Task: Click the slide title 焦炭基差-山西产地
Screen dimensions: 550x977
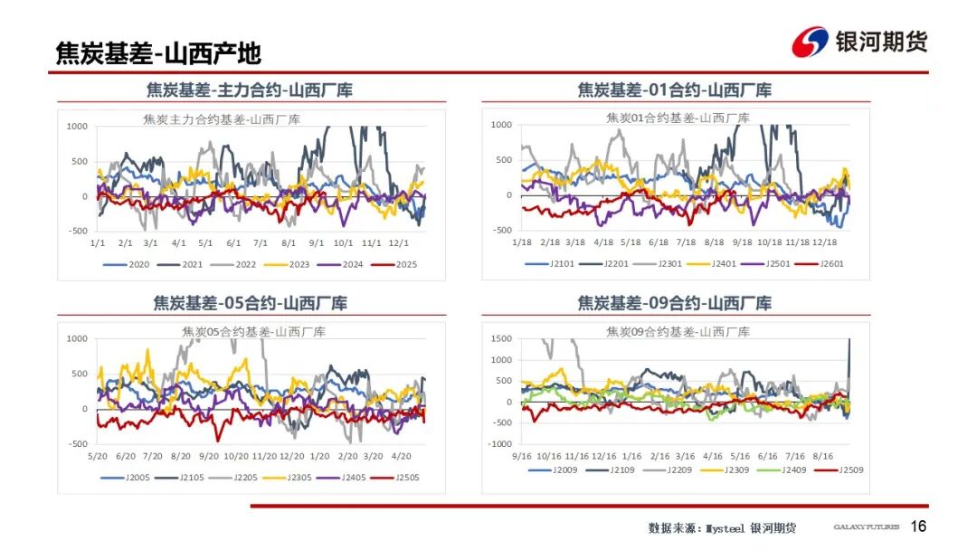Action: [158, 53]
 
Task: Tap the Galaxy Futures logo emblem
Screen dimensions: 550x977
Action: [811, 42]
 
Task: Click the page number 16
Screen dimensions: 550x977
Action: [918, 526]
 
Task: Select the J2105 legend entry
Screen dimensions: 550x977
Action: [183, 478]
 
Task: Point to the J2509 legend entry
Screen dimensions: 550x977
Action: [846, 470]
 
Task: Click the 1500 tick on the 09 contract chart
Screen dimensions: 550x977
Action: [501, 338]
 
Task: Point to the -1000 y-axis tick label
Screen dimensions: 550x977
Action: [500, 443]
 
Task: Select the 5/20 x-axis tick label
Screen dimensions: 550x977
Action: [99, 456]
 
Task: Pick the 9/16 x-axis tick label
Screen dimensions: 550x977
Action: [522, 456]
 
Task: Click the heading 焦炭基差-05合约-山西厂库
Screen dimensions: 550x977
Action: [251, 303]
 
